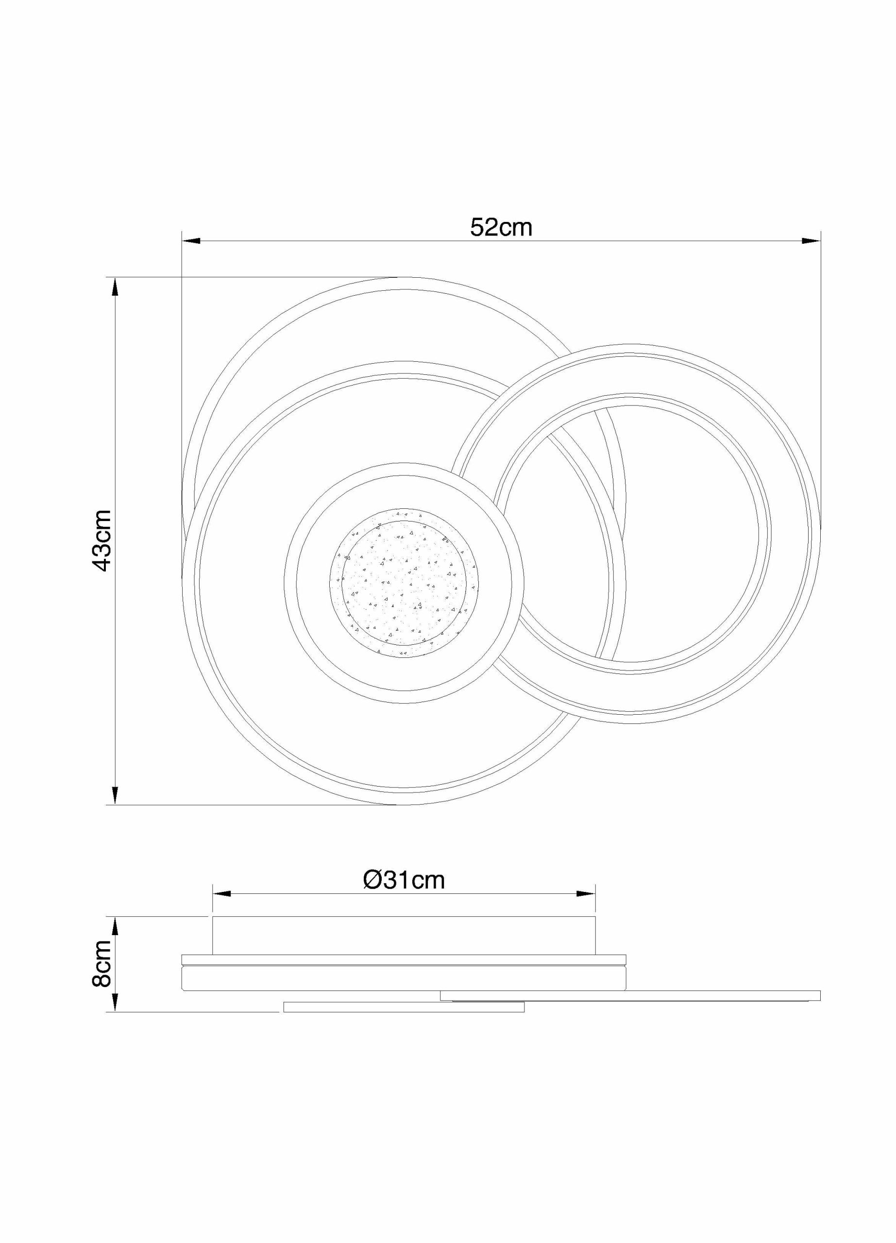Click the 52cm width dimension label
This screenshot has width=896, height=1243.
pyautogui.click(x=501, y=227)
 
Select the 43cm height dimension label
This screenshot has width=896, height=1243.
pyautogui.click(x=103, y=540)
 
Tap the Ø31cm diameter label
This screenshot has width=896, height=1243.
pyautogui.click(x=404, y=880)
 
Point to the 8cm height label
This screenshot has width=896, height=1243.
pyautogui.click(x=103, y=964)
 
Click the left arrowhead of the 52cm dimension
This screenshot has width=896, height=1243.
pyautogui.click(x=190, y=241)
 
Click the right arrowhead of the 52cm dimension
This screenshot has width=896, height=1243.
pyautogui.click(x=811, y=241)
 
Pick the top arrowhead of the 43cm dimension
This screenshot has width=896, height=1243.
pyautogui.click(x=115, y=286)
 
